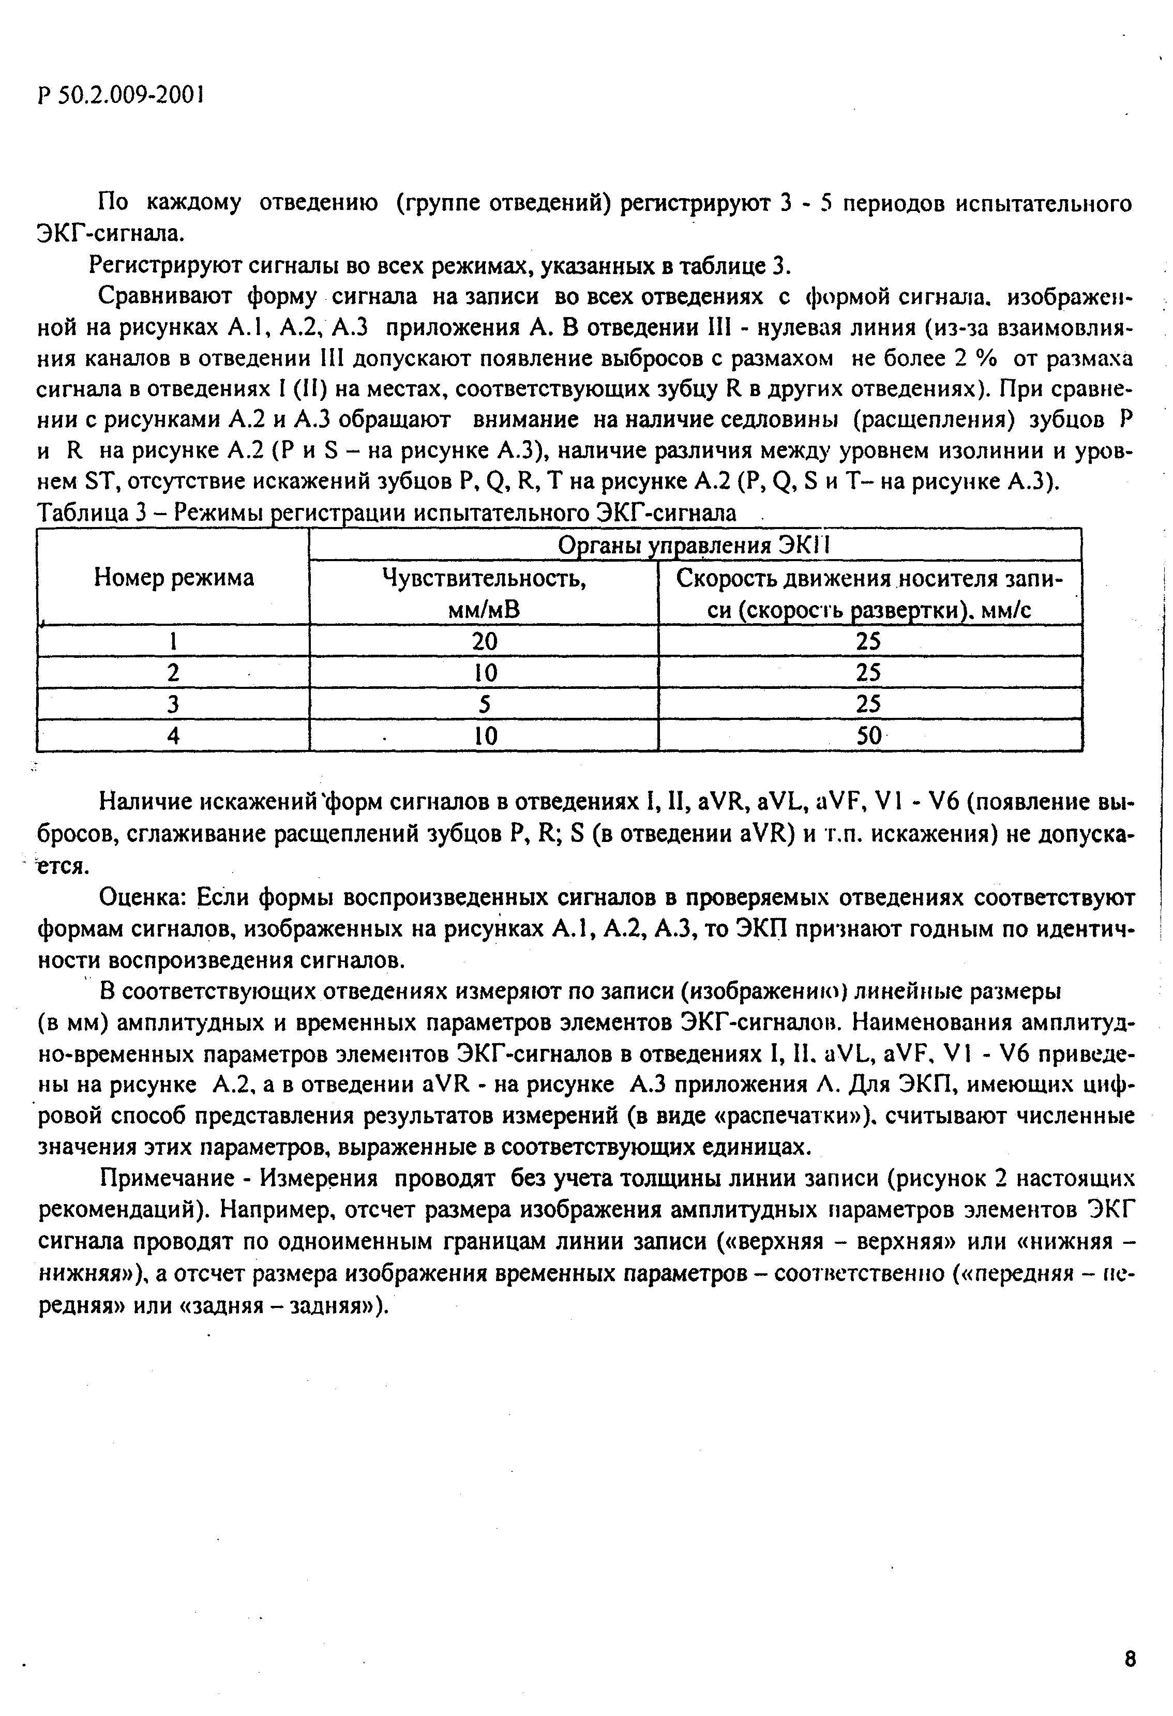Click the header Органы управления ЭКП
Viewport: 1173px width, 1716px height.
694,545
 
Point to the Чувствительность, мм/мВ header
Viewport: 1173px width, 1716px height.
484,594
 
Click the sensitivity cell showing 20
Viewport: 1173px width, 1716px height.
484,641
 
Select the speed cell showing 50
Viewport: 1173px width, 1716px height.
869,736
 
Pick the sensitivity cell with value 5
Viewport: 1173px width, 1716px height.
484,704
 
